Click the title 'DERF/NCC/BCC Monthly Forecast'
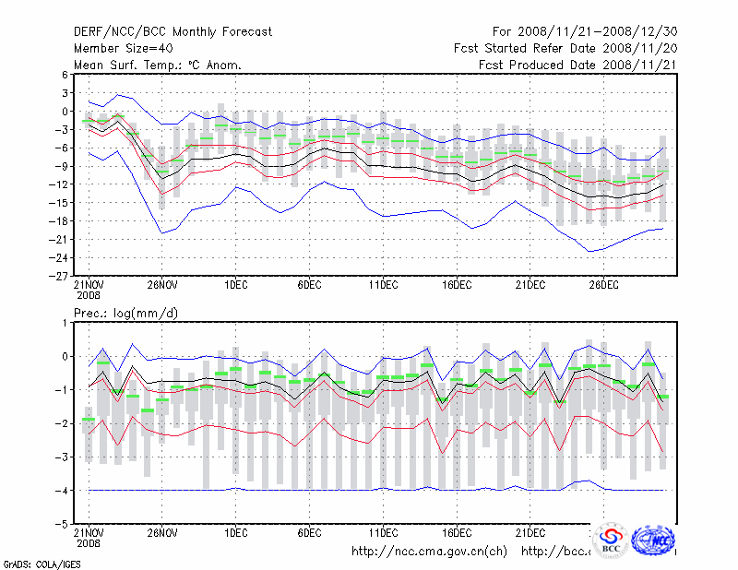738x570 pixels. (x=173, y=32)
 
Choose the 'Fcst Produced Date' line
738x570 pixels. (x=577, y=65)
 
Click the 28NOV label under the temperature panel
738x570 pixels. (x=161, y=285)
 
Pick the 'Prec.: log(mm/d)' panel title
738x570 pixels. (x=125, y=314)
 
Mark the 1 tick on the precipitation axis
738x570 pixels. (x=63, y=323)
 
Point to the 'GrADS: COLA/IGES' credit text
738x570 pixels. (x=42, y=563)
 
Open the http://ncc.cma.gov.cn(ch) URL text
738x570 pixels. (x=429, y=552)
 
